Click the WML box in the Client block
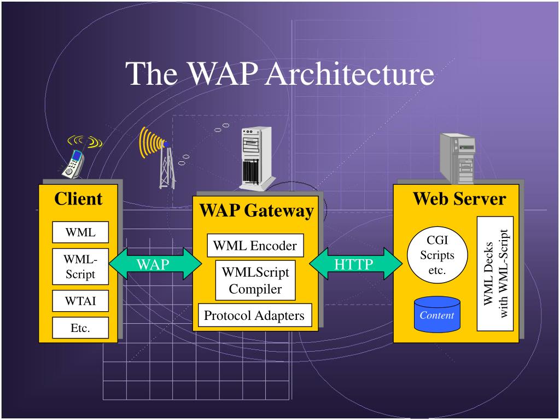pos(80,232)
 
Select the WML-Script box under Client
pos(80,266)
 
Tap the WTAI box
pos(80,301)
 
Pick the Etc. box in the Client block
pos(80,328)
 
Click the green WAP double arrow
pos(155,264)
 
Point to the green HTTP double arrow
pos(355,264)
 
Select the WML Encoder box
pos(255,246)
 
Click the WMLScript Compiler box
pos(255,281)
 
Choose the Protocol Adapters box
pos(255,315)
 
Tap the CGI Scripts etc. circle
pos(437,255)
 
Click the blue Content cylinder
pos(437,314)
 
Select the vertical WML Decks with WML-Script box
pos(495,273)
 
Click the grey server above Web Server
pos(458,158)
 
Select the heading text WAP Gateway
pos(256,211)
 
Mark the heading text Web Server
pos(459,199)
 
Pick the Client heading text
pos(78,199)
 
